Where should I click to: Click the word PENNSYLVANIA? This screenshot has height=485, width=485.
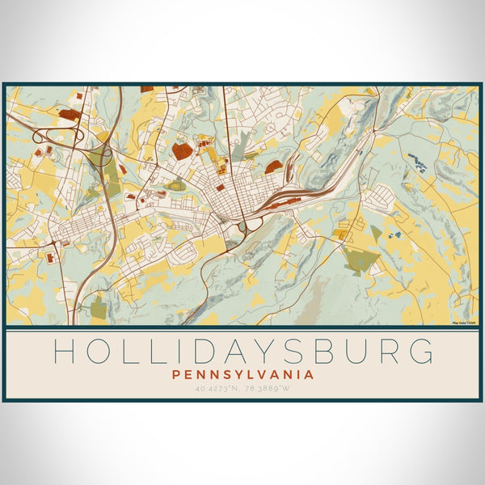[242, 375]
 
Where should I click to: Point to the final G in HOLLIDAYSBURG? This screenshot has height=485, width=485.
[421, 352]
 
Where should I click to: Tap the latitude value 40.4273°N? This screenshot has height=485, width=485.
[217, 389]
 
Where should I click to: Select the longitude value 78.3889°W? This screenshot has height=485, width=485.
[267, 389]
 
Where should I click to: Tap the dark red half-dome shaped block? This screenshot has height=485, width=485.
[274, 166]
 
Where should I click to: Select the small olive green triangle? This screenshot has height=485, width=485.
[376, 230]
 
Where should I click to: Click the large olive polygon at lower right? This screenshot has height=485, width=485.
[361, 260]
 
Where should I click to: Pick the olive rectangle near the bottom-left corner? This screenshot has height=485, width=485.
[98, 307]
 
